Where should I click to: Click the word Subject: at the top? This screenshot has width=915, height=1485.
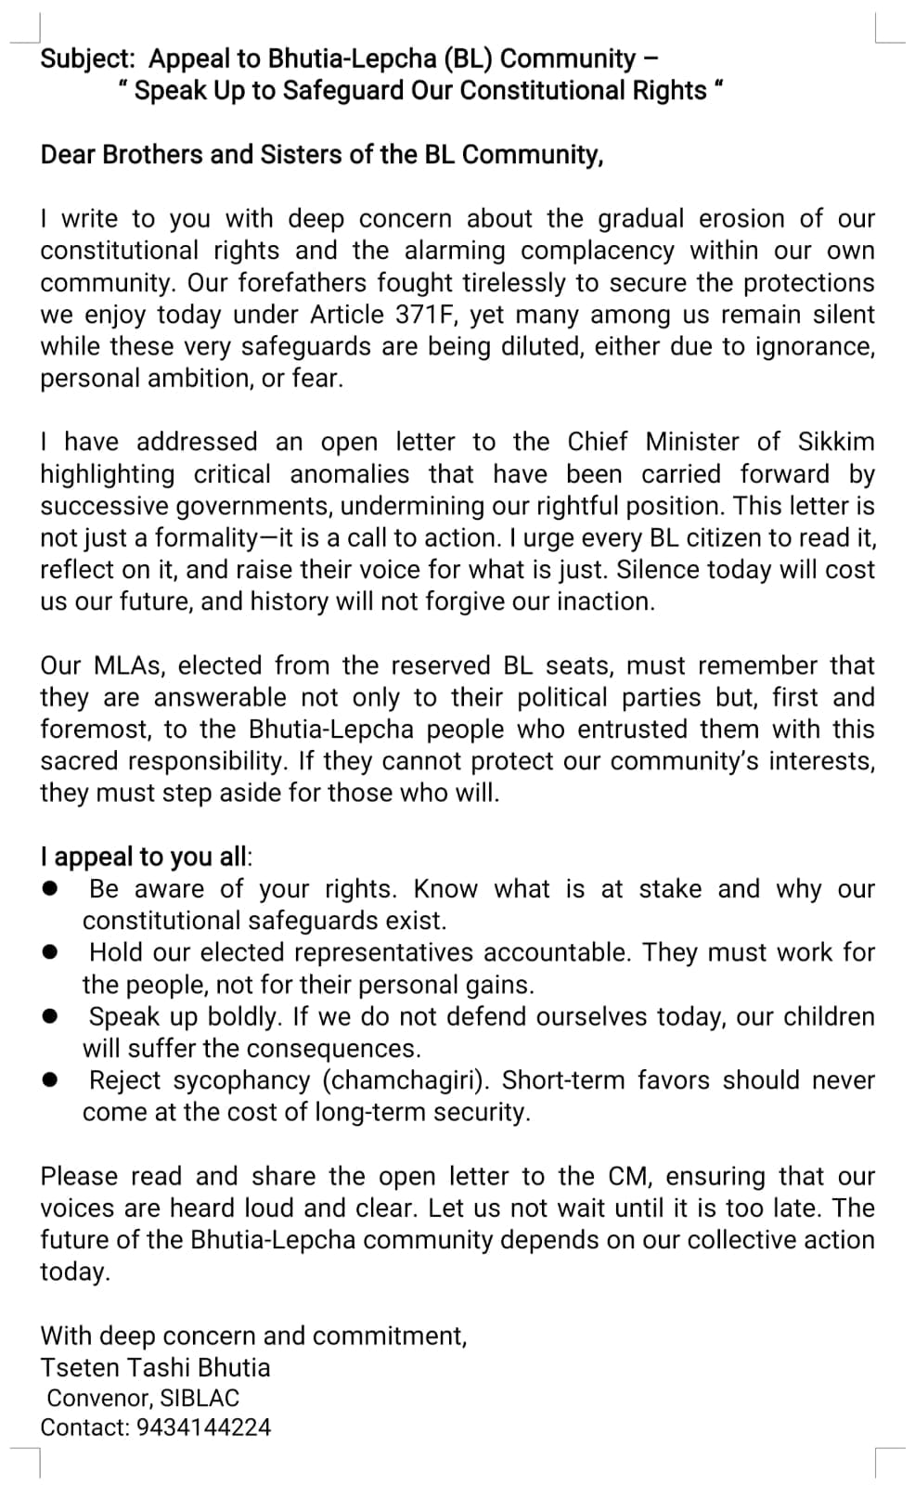coord(88,58)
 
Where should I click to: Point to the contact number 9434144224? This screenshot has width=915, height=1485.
coord(204,1427)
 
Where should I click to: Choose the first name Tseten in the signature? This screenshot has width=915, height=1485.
coord(74,1367)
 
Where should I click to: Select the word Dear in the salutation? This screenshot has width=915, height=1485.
coord(68,154)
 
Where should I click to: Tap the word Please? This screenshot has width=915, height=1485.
coord(78,1177)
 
